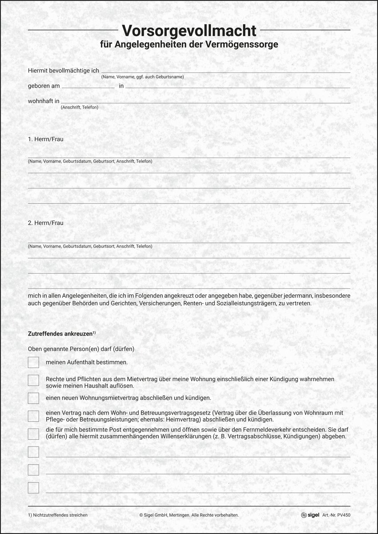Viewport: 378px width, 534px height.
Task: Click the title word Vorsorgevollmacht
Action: (189, 30)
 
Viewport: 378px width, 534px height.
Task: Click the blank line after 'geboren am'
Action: (88, 86)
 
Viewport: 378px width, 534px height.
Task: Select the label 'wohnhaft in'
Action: (44, 101)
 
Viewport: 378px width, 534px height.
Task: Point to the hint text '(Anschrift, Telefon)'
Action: (80, 107)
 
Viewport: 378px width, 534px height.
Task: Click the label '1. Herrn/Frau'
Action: (45, 139)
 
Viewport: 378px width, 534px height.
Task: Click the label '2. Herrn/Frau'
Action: (45, 223)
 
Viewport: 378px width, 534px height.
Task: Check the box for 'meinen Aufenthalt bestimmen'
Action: (33, 363)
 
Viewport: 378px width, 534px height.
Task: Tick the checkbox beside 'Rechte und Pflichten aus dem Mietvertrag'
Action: (33, 380)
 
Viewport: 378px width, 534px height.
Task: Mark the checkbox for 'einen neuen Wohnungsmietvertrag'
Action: (33, 398)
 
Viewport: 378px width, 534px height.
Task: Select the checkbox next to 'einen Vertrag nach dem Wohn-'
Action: (33, 416)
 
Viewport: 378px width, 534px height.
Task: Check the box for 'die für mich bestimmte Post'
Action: (33, 434)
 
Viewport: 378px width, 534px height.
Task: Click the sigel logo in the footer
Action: (310, 515)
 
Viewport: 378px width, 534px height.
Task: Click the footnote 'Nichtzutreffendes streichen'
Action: (60, 515)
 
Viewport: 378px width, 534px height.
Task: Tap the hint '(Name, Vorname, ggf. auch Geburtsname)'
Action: (142, 77)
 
